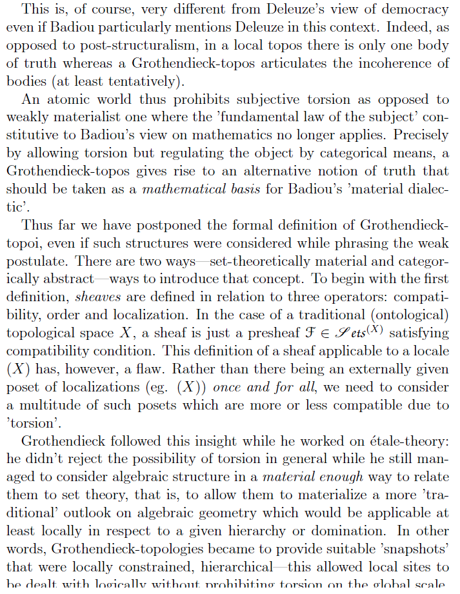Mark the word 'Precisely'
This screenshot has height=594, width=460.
420,137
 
